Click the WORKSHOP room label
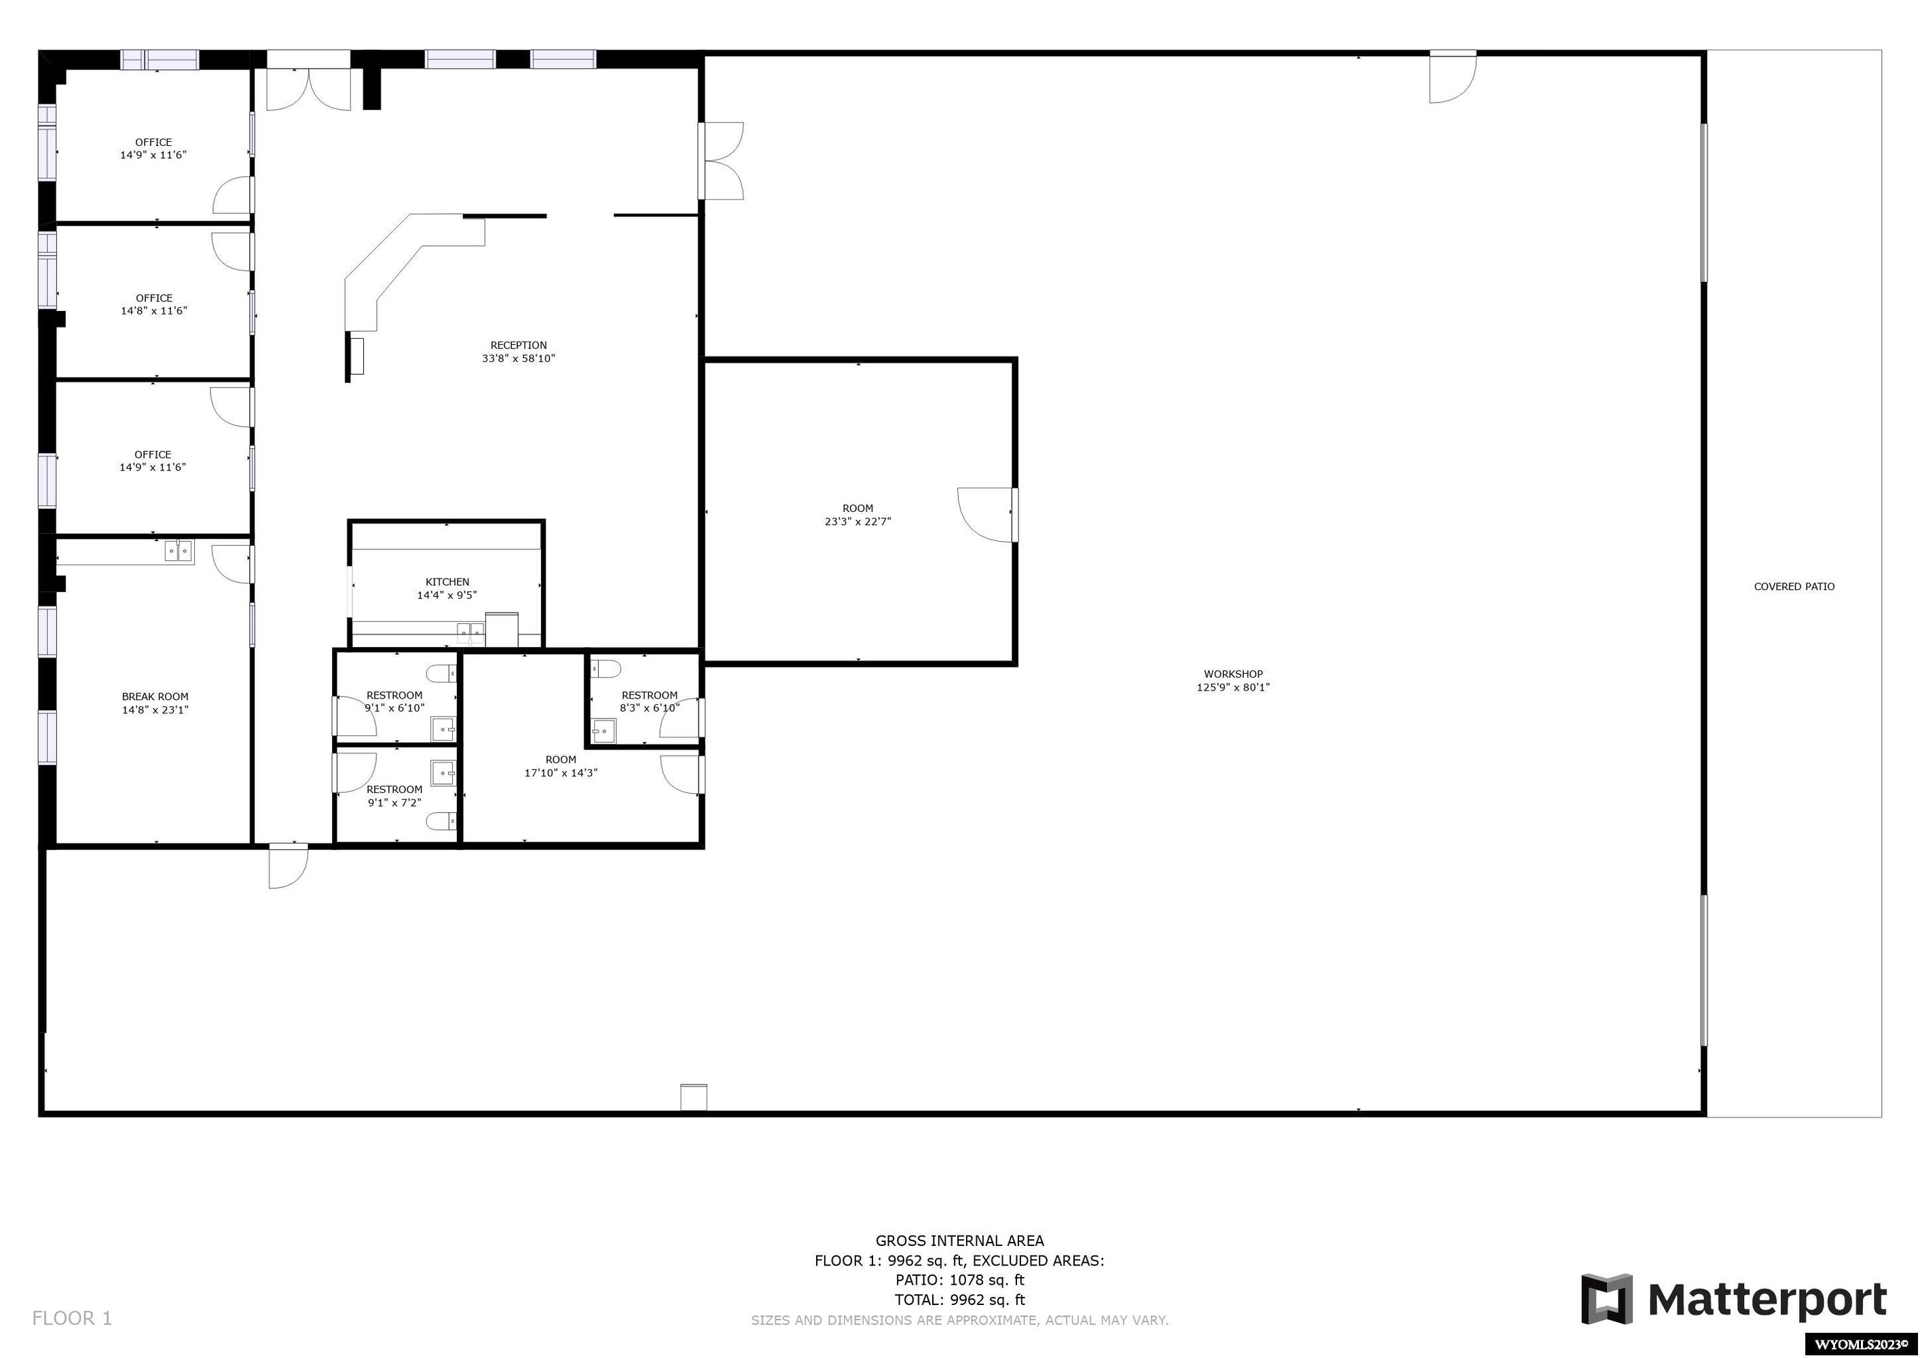tap(1233, 674)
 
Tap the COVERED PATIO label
tap(1794, 587)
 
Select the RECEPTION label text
tap(519, 346)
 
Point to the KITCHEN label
tap(447, 582)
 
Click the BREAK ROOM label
tap(155, 697)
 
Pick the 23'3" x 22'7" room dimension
tap(858, 521)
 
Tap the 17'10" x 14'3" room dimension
tap(561, 773)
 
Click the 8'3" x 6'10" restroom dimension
tap(650, 708)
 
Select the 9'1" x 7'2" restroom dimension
tap(394, 803)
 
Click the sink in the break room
tap(178, 551)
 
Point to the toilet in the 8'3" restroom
tap(606, 669)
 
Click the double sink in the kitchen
tap(470, 632)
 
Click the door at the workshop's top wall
tap(1452, 77)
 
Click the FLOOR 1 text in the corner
tap(72, 1319)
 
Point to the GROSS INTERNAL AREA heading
tap(959, 1241)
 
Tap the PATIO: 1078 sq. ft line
tap(959, 1280)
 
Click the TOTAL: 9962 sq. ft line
tap(959, 1300)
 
